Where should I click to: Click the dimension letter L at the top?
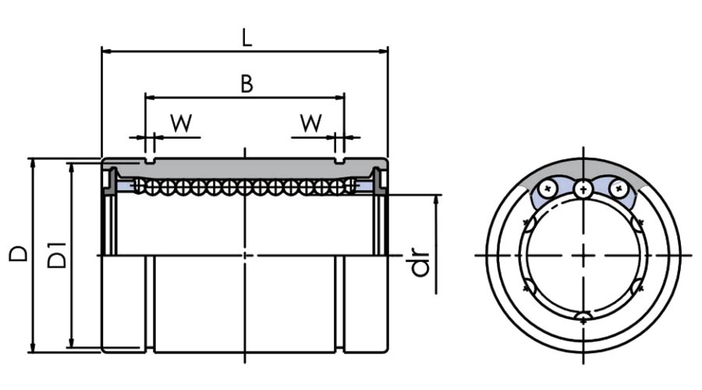[247, 37]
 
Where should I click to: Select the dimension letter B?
[246, 83]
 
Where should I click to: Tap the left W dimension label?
[181, 123]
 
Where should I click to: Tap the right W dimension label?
[310, 122]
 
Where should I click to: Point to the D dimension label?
[19, 253]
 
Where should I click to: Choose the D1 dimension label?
[57, 255]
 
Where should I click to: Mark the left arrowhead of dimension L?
[106, 51]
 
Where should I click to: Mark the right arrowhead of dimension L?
[383, 51]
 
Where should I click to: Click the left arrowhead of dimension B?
[150, 97]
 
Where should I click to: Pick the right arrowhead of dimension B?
[340, 97]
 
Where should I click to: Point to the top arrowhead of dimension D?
[32, 162]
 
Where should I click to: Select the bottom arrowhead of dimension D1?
[71, 343]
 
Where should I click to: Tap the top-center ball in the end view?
[583, 189]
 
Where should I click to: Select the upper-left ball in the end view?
[547, 189]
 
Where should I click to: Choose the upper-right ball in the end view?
[619, 189]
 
